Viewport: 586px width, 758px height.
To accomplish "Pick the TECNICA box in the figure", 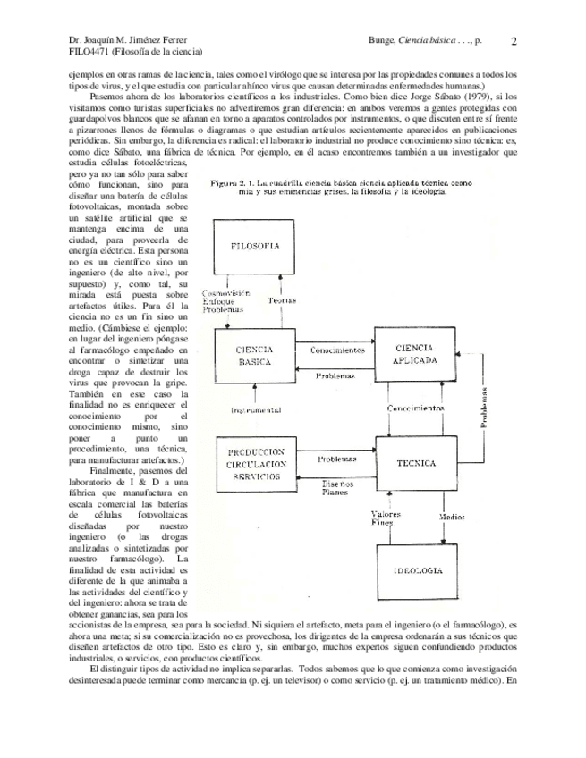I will [413, 464].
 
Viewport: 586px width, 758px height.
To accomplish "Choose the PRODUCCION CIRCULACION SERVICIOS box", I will [256, 465].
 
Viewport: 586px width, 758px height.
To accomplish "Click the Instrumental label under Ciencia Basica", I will [255, 410].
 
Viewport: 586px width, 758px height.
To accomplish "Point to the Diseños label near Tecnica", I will [337, 484].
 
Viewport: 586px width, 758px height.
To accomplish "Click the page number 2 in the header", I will [514, 40].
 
